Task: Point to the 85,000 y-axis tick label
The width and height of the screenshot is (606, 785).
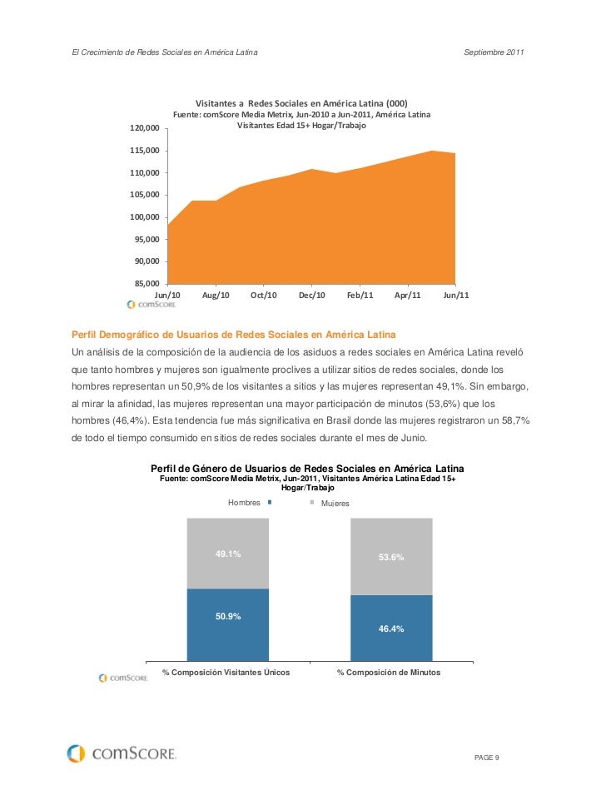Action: click(146, 283)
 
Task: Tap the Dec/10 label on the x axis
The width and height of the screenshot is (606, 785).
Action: click(311, 296)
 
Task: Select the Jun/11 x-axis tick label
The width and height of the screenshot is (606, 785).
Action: click(456, 296)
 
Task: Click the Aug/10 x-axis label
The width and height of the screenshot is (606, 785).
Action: click(216, 296)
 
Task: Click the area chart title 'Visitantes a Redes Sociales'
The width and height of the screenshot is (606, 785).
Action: click(301, 102)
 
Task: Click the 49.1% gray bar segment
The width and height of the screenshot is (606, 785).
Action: click(228, 553)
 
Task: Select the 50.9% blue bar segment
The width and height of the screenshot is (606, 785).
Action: click(228, 620)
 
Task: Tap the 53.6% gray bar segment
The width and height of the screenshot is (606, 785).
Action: click(391, 556)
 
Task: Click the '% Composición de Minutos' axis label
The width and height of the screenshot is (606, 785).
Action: click(389, 672)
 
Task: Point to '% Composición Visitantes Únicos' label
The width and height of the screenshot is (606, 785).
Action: click(226, 672)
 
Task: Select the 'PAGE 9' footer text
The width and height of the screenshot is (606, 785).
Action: click(486, 756)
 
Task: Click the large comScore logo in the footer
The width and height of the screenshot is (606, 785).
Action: click(122, 753)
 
